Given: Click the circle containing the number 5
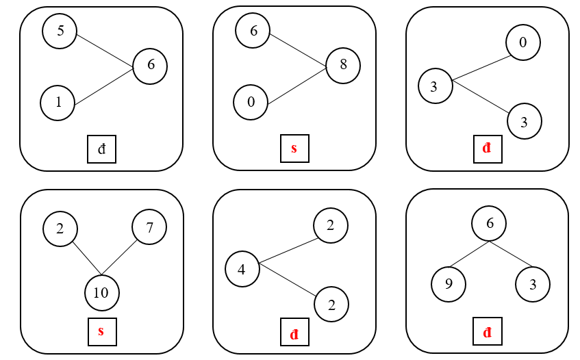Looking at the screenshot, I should click(x=60, y=31).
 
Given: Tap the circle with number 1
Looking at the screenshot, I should click(x=58, y=103).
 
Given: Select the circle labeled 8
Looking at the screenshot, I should click(x=342, y=65).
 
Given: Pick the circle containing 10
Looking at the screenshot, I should click(x=101, y=293).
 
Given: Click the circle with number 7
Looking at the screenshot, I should click(x=149, y=228).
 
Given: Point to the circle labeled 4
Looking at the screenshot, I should click(x=242, y=268).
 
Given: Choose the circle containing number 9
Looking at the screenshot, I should click(x=449, y=283).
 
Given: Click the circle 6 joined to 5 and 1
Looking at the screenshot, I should click(x=150, y=66).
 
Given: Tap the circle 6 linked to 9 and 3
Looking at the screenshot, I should click(x=489, y=224).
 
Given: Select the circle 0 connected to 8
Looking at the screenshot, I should click(x=251, y=103).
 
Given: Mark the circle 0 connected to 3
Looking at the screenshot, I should click(x=523, y=42).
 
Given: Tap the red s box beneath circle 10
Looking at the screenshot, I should click(x=101, y=332).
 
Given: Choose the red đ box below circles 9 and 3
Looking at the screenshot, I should click(x=488, y=333).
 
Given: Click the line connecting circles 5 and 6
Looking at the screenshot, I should click(x=104, y=49).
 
